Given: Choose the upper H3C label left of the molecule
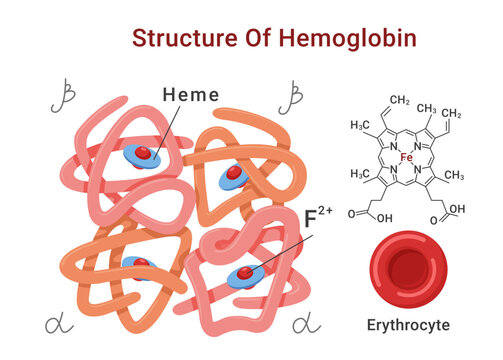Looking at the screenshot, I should point(361,125).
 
